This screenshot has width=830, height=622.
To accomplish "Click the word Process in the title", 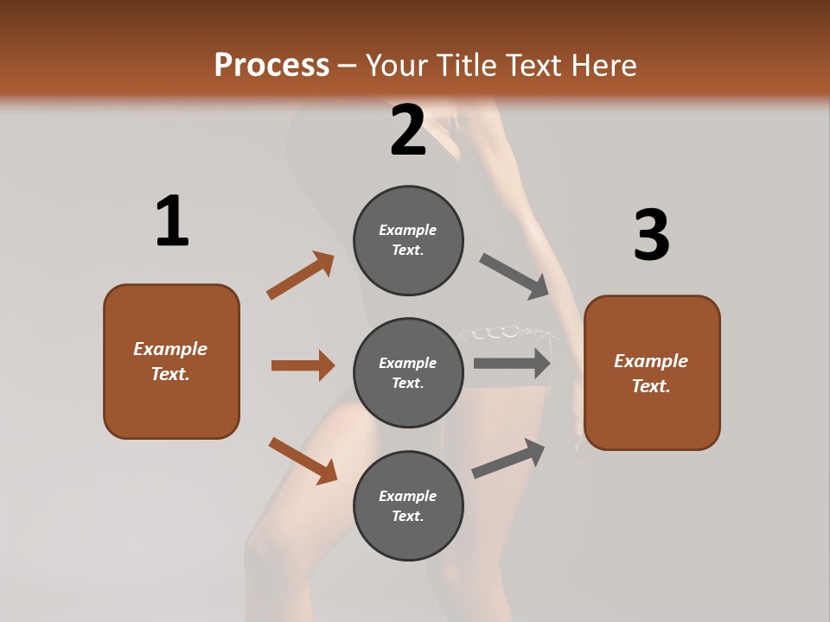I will (x=271, y=66).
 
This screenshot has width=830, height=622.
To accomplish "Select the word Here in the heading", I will (x=603, y=66).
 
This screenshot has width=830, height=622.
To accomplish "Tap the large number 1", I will (x=172, y=222).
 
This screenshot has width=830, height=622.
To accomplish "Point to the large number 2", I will (x=408, y=130).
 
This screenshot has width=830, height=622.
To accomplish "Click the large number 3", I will (x=651, y=236).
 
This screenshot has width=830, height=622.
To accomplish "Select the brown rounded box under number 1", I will (x=171, y=361).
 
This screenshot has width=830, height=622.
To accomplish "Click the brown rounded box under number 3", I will (x=652, y=372).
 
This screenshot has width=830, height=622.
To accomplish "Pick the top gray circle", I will (x=408, y=240).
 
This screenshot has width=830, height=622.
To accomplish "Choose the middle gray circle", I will (x=408, y=372).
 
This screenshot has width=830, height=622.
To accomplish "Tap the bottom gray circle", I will (x=408, y=505).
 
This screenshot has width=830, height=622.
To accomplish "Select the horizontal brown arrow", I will (x=303, y=365).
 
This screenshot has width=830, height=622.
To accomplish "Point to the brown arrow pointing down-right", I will (x=303, y=460).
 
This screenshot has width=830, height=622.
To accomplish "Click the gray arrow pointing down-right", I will (x=515, y=276).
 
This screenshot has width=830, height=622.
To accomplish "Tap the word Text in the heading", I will (x=532, y=66).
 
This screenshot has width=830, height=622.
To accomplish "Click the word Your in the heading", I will (x=398, y=66).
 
